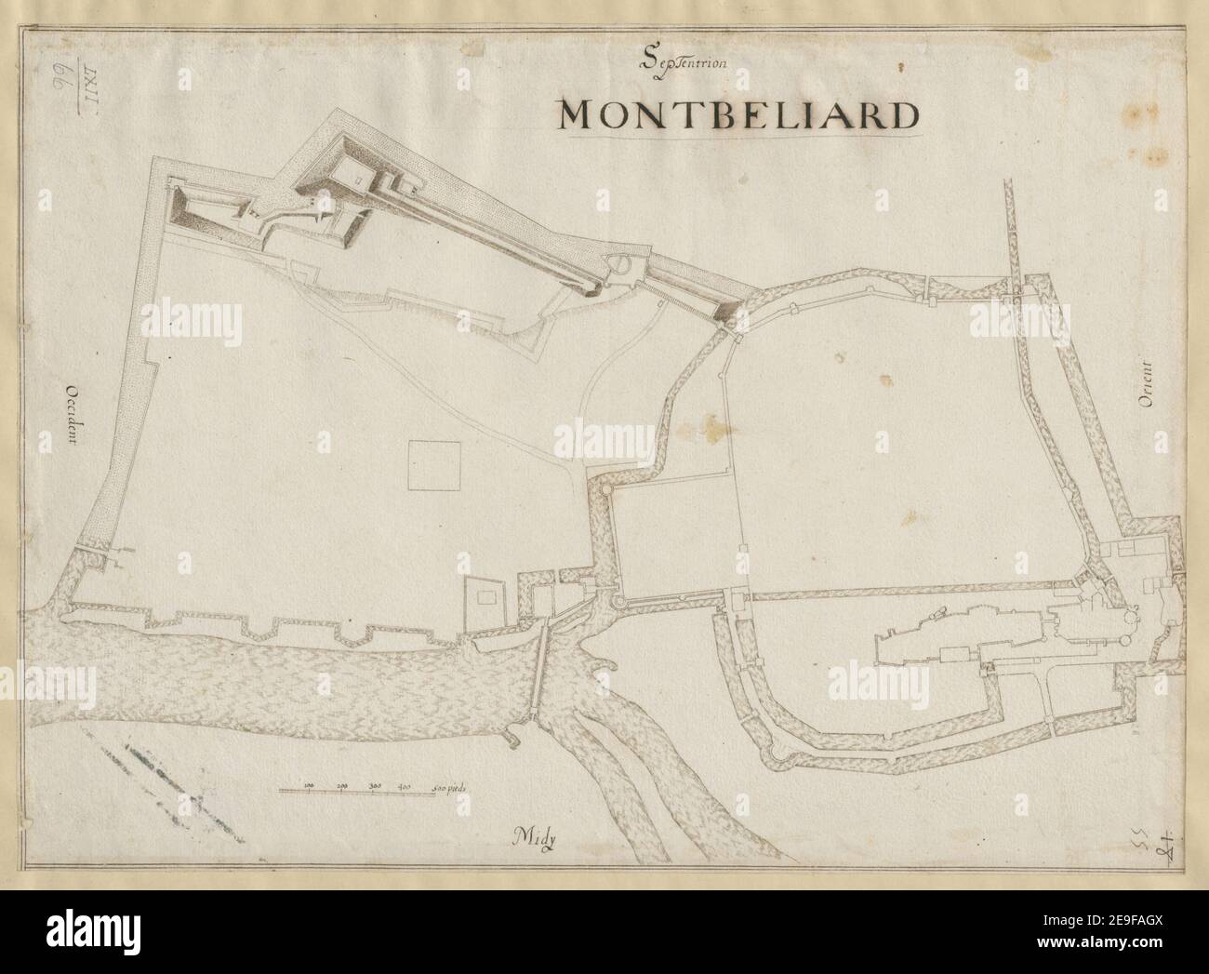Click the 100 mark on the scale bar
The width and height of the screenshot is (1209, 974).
tap(310, 784)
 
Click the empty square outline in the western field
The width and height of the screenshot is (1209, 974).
tap(434, 464)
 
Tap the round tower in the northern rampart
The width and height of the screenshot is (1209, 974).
tap(620, 269)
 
